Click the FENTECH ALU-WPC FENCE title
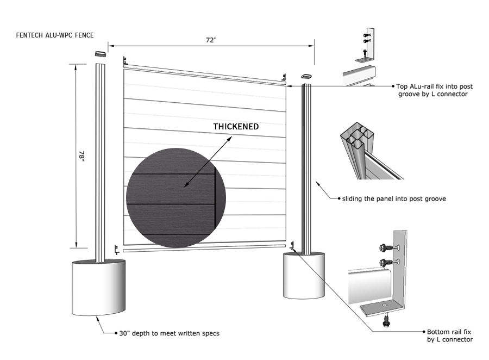55,35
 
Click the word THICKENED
236,127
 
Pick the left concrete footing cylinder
99,288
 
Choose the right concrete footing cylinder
304,275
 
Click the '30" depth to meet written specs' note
169,333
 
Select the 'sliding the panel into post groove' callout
394,198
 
